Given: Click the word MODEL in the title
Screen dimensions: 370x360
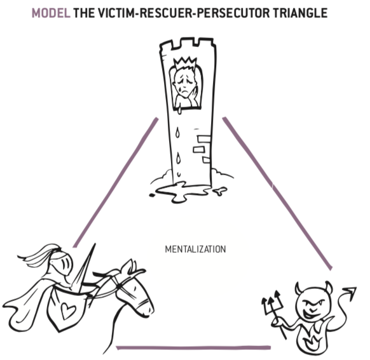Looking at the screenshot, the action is click(51, 13).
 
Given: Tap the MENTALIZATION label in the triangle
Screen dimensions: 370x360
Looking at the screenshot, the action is click(195, 250).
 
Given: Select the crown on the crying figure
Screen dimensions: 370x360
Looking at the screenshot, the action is click(185, 63).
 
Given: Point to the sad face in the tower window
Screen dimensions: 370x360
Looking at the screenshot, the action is click(184, 83).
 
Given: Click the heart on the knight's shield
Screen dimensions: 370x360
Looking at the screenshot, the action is click(68, 310).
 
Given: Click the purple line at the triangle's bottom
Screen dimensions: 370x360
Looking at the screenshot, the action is click(193, 348).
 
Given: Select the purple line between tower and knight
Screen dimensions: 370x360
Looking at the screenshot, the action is click(116, 183).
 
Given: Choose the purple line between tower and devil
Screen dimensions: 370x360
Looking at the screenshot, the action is click(277, 194).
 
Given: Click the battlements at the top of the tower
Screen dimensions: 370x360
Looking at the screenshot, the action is click(188, 44).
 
